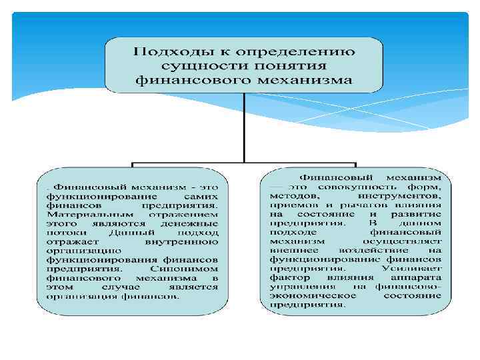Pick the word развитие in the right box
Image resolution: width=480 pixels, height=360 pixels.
419,216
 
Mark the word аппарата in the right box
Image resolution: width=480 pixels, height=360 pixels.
419,278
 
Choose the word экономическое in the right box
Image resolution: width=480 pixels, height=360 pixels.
305,296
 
